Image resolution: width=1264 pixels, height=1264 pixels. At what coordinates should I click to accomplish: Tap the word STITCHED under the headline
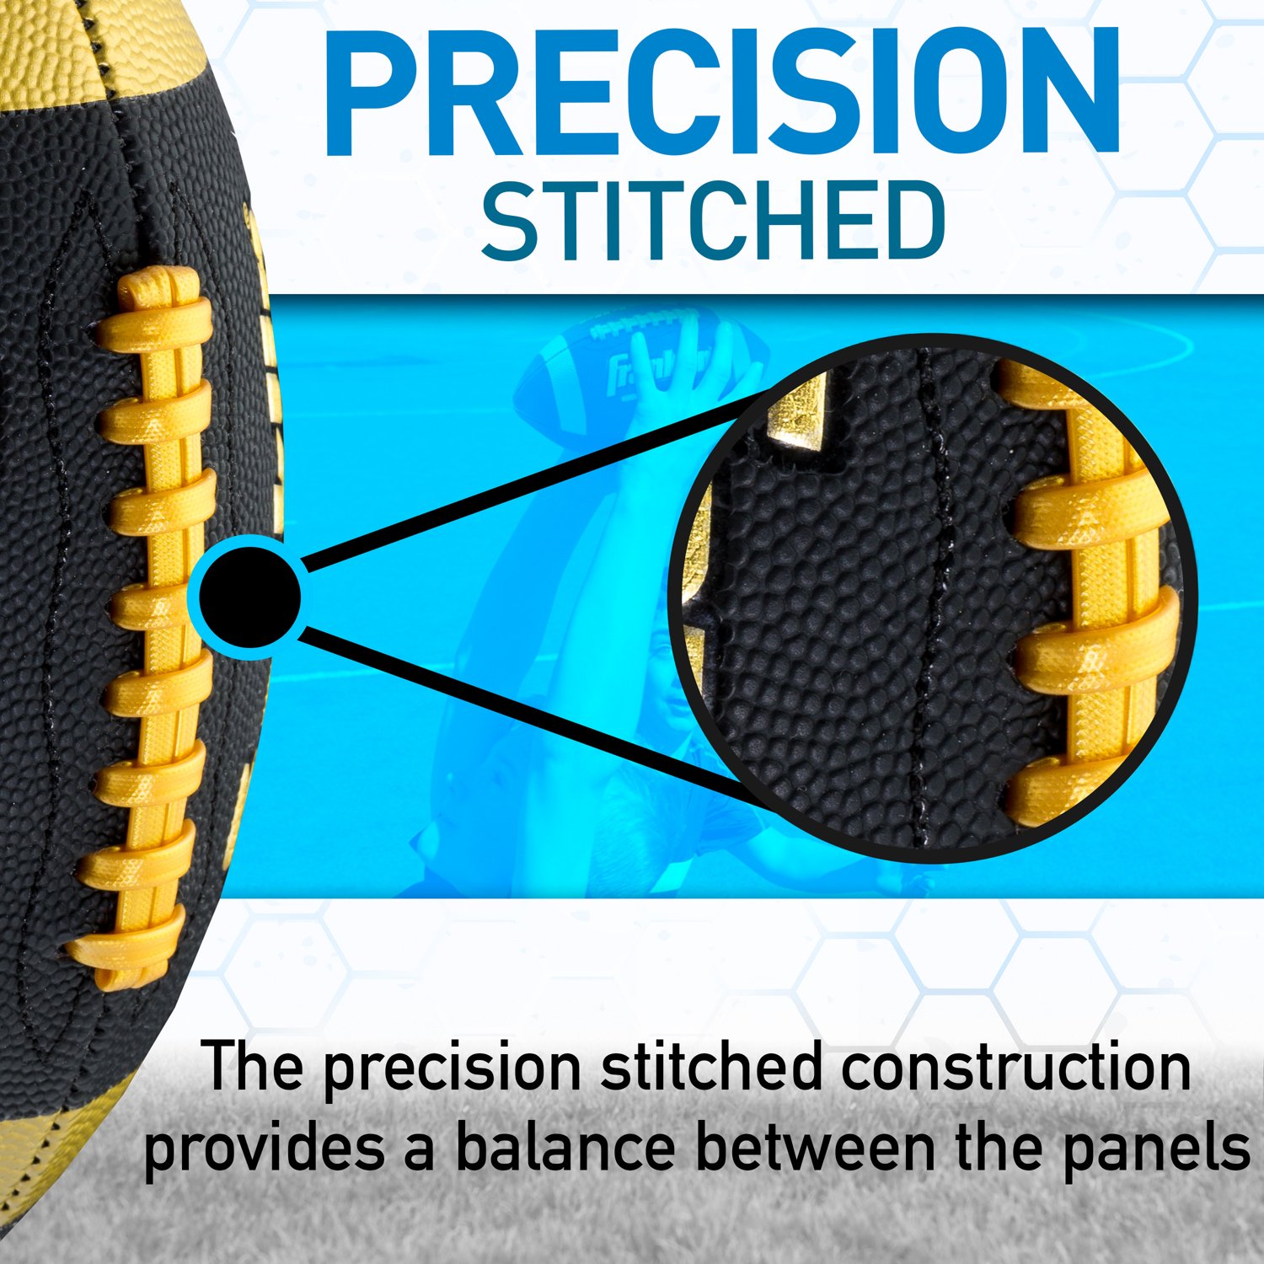713,221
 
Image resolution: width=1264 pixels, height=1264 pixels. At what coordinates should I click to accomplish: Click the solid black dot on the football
251,596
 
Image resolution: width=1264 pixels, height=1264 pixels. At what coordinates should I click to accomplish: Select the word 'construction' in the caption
1015,1066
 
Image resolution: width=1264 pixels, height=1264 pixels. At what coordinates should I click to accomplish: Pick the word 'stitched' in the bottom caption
711,1066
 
